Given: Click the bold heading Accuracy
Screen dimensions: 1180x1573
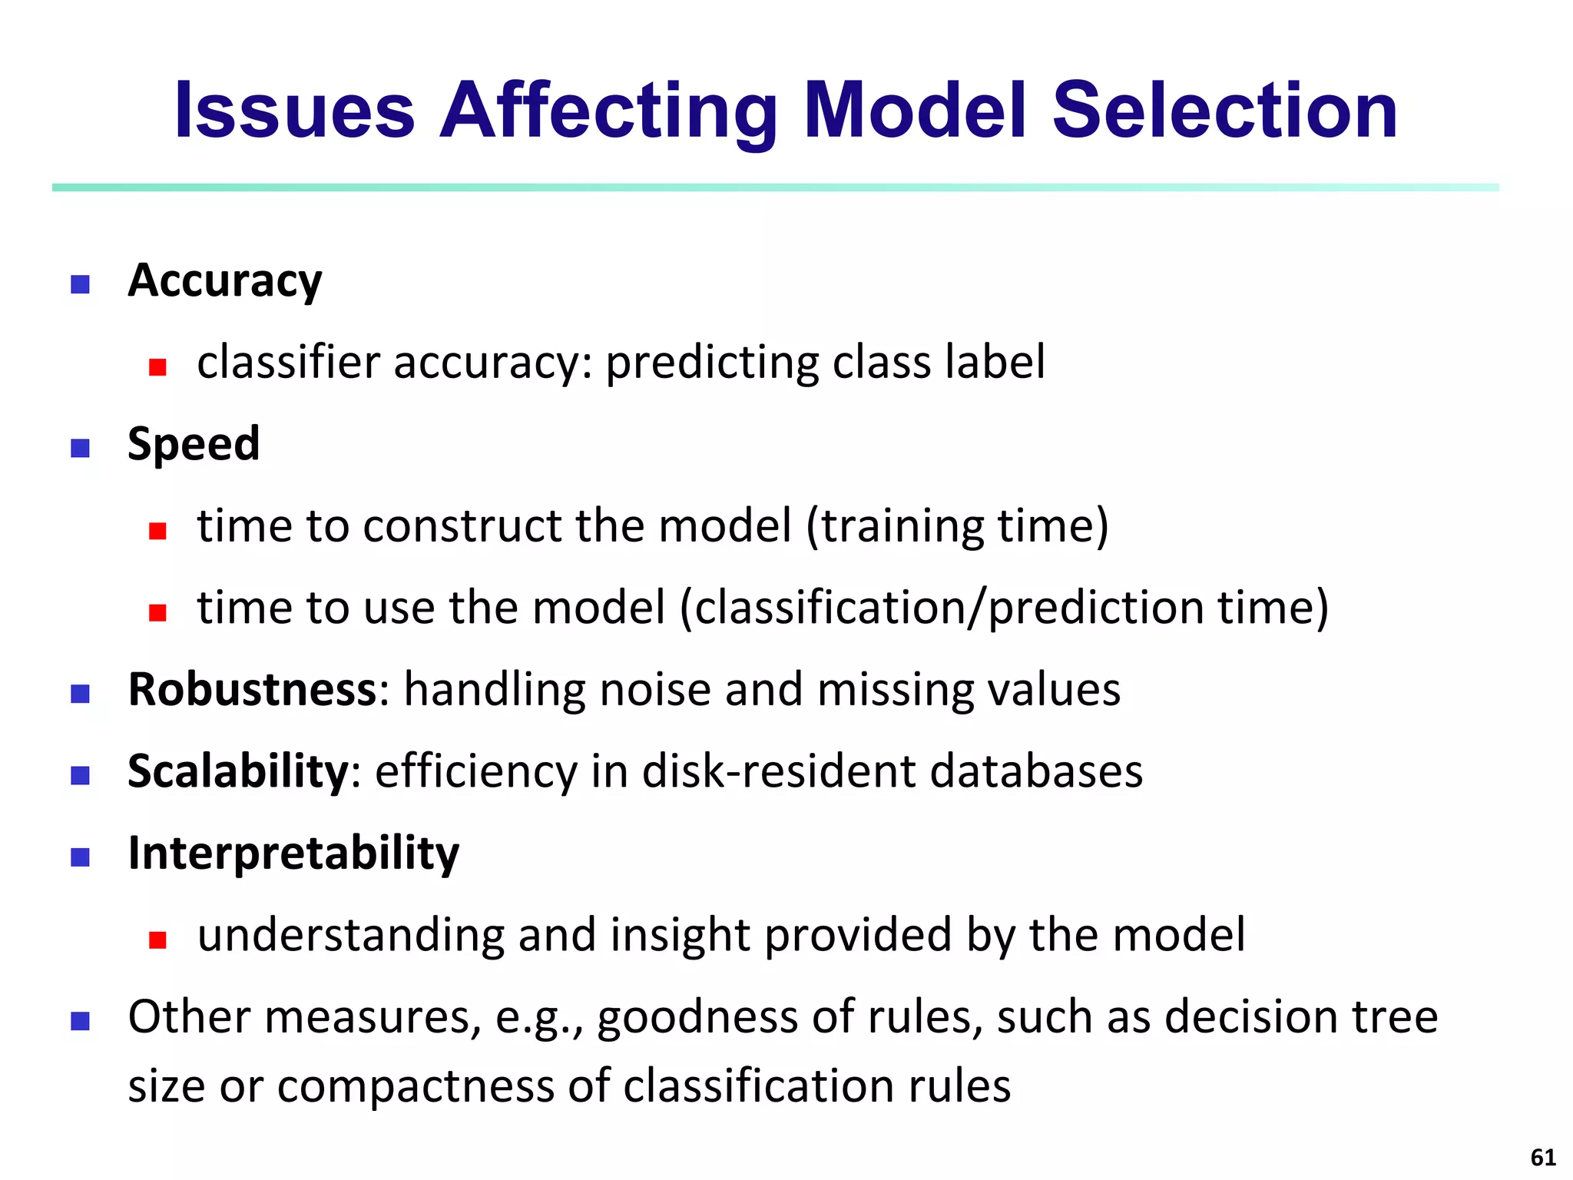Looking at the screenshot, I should point(224,281).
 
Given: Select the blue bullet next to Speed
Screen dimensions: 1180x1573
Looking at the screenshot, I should point(80,448).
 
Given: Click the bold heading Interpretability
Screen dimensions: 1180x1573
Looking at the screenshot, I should point(293,854).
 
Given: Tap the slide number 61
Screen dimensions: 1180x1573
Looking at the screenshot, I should point(1543,1157).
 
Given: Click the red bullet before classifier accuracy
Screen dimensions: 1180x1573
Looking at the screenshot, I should point(158,367).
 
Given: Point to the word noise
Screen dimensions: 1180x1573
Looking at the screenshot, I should point(654,689).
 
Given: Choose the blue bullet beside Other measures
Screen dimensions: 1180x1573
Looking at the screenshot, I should point(80,1021).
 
